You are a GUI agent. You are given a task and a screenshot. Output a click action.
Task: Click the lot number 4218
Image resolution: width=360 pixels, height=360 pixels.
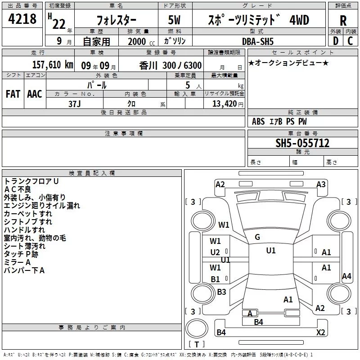pyautogui.click(x=22, y=19)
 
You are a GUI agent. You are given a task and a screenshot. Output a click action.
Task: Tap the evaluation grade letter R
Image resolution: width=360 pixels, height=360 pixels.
pyautogui.click(x=343, y=21)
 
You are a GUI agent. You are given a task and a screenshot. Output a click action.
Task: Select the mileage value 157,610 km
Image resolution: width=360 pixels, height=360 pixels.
pyautogui.click(x=53, y=64)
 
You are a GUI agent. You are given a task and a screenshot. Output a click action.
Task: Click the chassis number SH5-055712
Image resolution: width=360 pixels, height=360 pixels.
pyautogui.click(x=302, y=144)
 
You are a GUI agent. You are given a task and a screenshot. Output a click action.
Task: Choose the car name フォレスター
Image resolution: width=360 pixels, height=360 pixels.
pyautogui.click(x=116, y=21)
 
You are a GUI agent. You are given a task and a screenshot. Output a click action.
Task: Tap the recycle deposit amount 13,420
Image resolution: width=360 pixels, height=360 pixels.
pyautogui.click(x=224, y=103)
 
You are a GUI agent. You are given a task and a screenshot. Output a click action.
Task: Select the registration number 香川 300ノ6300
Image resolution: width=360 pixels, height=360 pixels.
pyautogui.click(x=171, y=65)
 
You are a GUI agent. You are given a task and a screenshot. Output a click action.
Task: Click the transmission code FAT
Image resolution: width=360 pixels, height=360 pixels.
pyautogui.click(x=13, y=94)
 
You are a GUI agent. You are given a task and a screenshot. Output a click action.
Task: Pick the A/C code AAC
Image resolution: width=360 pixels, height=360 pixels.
pyautogui.click(x=35, y=94)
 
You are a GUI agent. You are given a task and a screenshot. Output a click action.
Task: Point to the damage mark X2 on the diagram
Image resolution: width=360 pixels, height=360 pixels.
pyautogui.click(x=321, y=333)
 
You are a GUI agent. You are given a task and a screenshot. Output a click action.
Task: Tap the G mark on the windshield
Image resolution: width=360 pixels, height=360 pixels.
pyautogui.click(x=257, y=237)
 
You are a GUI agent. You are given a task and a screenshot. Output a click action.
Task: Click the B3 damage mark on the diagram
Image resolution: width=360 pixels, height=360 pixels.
pyautogui.click(x=221, y=292)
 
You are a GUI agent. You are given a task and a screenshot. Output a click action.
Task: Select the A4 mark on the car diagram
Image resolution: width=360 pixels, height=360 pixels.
pyautogui.click(x=346, y=276)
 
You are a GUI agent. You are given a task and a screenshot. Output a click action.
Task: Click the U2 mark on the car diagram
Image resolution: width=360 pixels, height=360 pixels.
pyautogui.click(x=216, y=252)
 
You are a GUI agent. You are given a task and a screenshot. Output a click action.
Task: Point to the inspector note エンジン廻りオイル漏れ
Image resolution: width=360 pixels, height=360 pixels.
pyautogui.click(x=42, y=206)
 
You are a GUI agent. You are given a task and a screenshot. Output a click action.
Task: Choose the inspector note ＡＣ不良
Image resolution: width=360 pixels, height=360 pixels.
pyautogui.click(x=18, y=189)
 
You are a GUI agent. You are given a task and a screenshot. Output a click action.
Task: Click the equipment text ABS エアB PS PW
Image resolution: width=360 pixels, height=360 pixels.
pyautogui.click(x=279, y=121)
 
